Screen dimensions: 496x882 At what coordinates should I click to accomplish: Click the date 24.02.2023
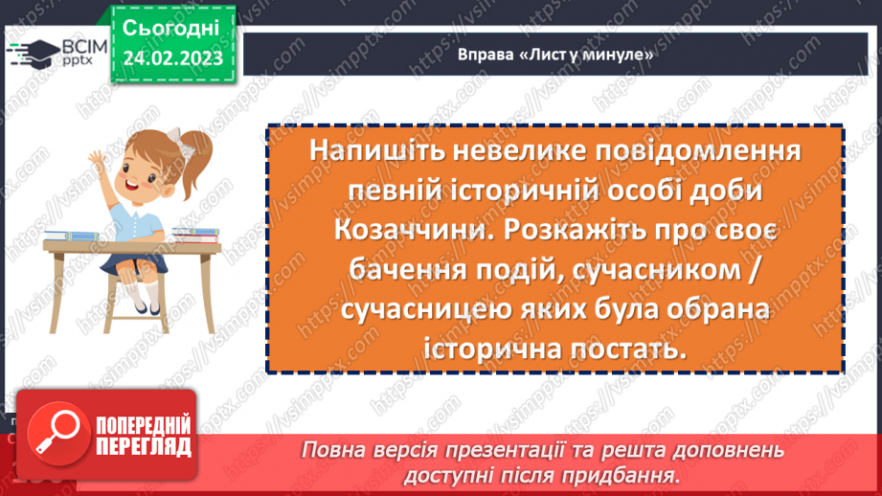point(172,58)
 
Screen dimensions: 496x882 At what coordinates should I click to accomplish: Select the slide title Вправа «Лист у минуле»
point(555,55)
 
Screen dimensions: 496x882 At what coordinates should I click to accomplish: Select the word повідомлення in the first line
point(675,152)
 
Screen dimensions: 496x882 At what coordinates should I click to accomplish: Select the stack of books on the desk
point(194,233)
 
